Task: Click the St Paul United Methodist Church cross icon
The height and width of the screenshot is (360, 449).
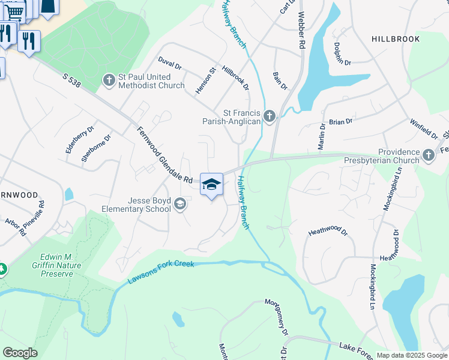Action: tap(109, 80)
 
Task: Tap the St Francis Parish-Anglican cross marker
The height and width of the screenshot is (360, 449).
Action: tap(270, 116)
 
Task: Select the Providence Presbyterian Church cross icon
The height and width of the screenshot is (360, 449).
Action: tap(428, 156)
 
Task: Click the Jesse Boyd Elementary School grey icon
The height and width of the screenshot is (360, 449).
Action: tap(179, 205)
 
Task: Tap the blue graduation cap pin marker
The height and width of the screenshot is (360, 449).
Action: tap(211, 185)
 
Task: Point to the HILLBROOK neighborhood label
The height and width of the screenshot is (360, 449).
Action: tap(396, 38)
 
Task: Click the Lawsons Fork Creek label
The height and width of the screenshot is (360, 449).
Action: tap(161, 272)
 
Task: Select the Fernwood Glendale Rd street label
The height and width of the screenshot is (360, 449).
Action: tap(164, 154)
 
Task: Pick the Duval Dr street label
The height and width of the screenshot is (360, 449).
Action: tap(170, 63)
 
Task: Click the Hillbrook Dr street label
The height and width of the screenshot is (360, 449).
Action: tap(235, 78)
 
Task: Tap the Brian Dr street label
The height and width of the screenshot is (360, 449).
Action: tap(340, 122)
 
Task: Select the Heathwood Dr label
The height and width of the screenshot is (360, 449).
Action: tap(328, 230)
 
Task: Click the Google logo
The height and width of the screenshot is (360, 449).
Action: tap(20, 353)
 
